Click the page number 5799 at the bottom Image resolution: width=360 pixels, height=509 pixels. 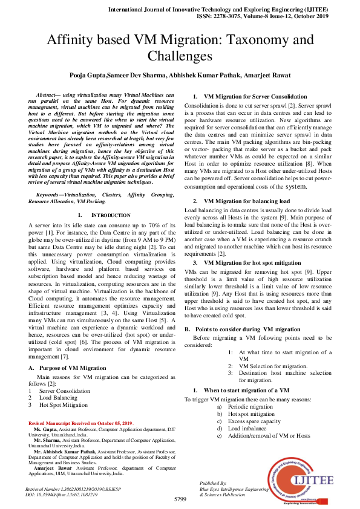coord(180,499)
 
